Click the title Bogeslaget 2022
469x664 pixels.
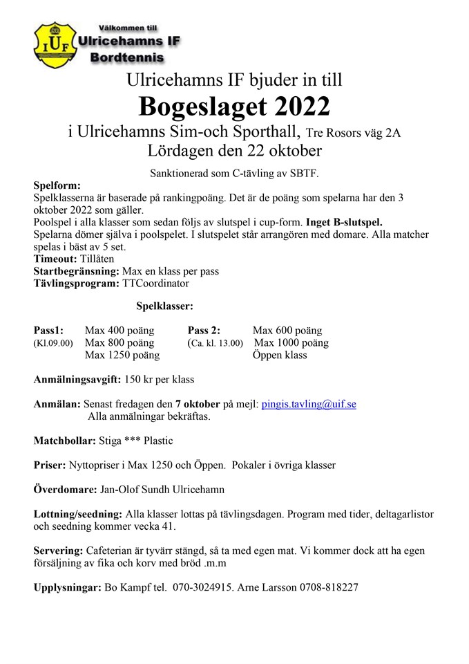(234, 106)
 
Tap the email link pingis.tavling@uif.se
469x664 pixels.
(309, 404)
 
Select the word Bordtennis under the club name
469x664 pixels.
(127, 58)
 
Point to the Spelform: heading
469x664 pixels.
(57, 185)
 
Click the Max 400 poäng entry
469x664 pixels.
(119, 331)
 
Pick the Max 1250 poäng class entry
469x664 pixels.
(122, 355)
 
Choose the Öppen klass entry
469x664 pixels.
(280, 355)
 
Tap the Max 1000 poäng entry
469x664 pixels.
(291, 343)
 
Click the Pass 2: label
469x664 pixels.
(204, 331)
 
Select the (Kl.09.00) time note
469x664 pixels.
(53, 343)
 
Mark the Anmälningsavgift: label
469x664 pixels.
(77, 379)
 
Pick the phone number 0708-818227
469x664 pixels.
(329, 587)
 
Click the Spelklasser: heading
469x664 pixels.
(164, 305)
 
